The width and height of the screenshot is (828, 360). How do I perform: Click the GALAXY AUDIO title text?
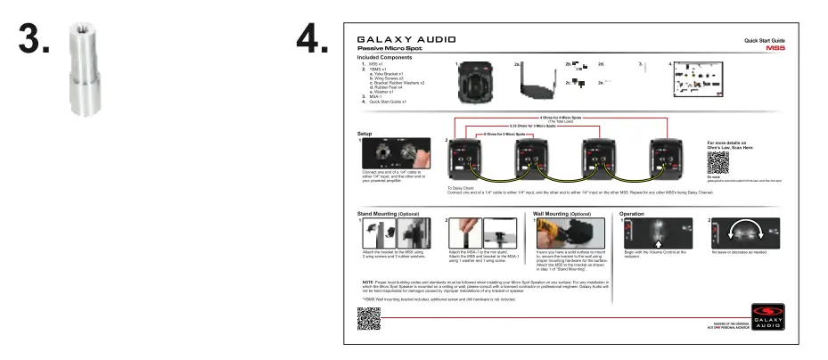pyautogui.click(x=406, y=41)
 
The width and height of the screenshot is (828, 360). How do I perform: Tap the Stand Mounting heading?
pyautogui.click(x=388, y=214)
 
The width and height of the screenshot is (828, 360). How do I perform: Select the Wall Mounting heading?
pyautogui.click(x=562, y=214)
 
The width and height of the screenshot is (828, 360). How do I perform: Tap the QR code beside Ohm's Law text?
pyautogui.click(x=717, y=162)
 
